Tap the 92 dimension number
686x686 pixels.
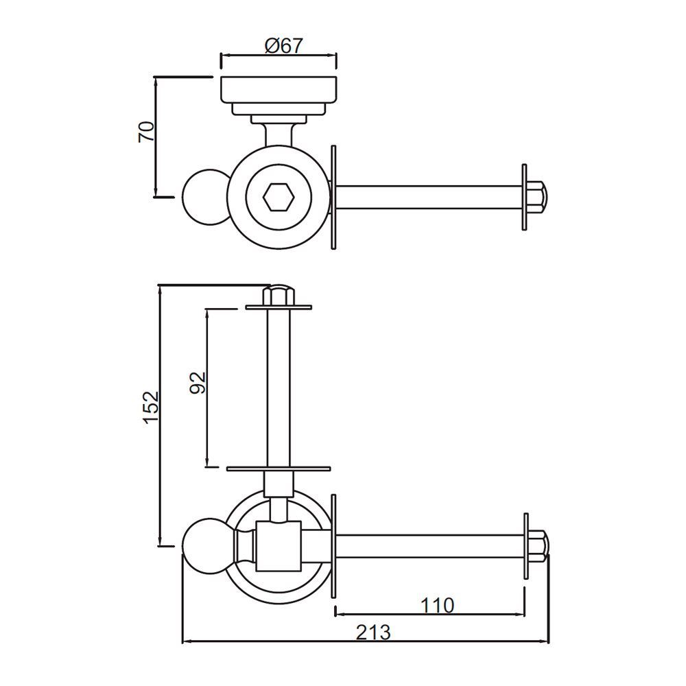tap(198, 383)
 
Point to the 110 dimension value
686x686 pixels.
tap(436, 606)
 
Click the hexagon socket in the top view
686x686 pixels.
tap(279, 198)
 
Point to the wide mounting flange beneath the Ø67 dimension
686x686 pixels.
tap(279, 89)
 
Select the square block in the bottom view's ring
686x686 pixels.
tap(279, 546)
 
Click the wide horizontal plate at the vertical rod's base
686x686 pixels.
tap(279, 469)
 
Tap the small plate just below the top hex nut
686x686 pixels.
tap(279, 307)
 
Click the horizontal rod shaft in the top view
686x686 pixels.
tap(429, 198)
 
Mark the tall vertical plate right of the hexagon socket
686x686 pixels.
tap(333, 198)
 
